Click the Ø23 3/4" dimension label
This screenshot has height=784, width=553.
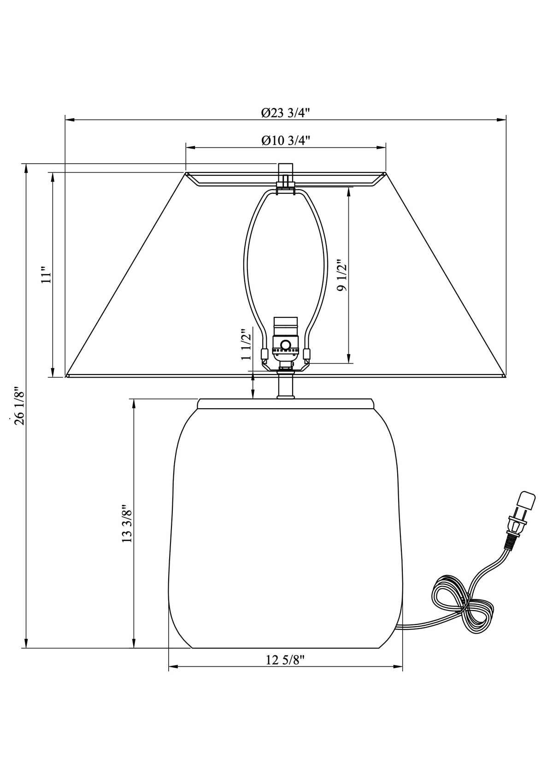[285, 113]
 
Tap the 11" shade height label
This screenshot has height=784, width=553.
[45, 275]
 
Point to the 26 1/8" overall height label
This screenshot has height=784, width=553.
[19, 405]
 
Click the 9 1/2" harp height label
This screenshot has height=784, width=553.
[341, 275]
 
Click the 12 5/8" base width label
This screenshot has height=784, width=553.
[285, 660]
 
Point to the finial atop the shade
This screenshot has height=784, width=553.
[286, 169]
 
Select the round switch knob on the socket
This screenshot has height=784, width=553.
[286, 344]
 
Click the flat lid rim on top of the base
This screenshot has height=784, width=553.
[285, 404]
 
